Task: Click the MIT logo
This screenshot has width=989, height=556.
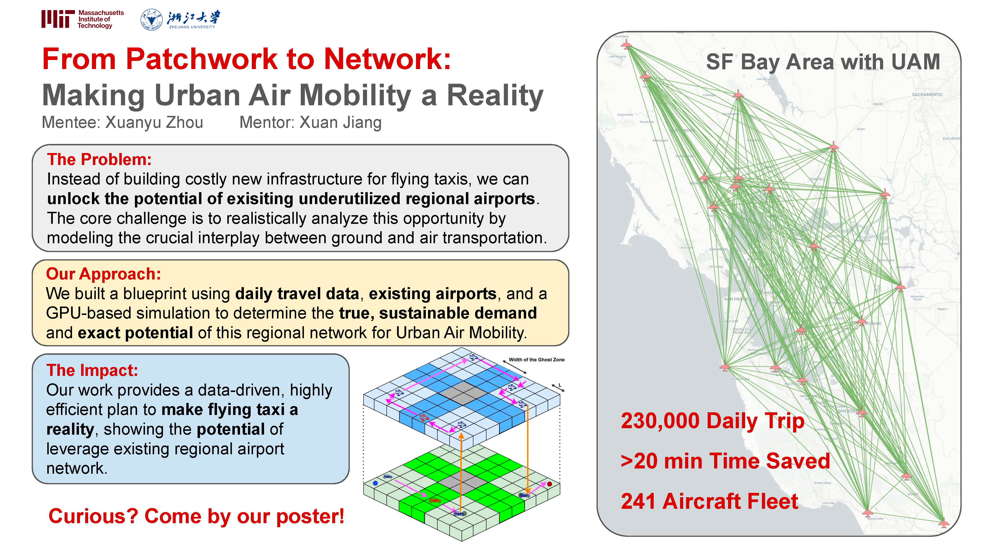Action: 58,19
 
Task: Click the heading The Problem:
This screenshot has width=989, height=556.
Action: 99,160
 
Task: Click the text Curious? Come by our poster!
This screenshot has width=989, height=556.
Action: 196,516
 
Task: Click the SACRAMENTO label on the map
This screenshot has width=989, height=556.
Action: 927,95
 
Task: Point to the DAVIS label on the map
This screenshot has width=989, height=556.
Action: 878,104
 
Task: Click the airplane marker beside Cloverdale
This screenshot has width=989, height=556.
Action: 626,45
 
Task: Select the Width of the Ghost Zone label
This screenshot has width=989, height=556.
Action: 536,360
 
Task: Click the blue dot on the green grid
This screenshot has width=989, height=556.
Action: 375,483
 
